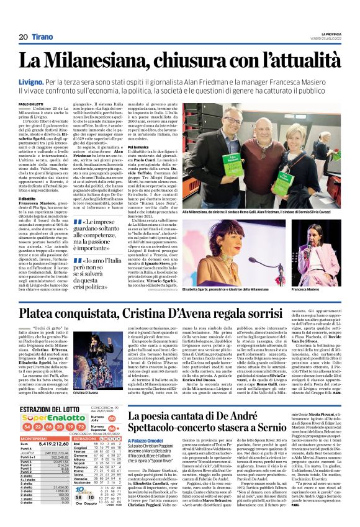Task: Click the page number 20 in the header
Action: coord(23,37)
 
